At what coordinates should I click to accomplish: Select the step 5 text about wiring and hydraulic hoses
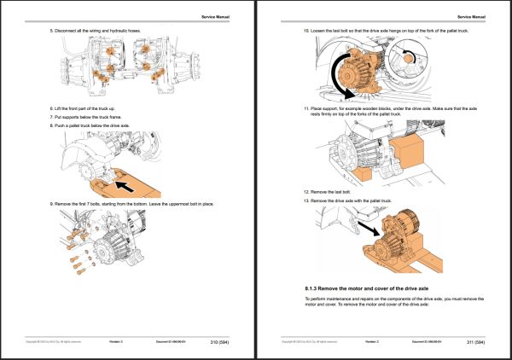click(x=95, y=32)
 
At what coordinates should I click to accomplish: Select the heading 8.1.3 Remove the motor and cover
click(x=364, y=290)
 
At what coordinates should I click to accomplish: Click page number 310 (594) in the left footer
click(x=218, y=343)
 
